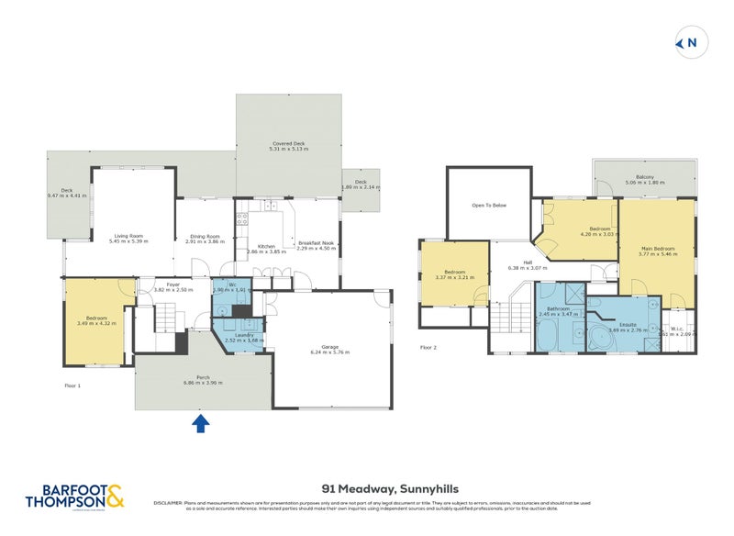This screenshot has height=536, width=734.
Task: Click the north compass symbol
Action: click(689, 41)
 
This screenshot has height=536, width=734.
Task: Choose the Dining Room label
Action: click(205, 237)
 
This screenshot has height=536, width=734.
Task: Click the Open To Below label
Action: click(489, 205)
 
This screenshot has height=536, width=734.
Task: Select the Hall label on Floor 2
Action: click(528, 262)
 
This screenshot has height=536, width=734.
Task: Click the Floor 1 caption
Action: click(73, 385)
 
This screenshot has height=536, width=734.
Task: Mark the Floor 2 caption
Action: click(428, 348)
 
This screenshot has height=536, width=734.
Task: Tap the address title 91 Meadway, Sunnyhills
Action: click(379, 489)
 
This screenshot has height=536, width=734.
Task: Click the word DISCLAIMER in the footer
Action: click(171, 503)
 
